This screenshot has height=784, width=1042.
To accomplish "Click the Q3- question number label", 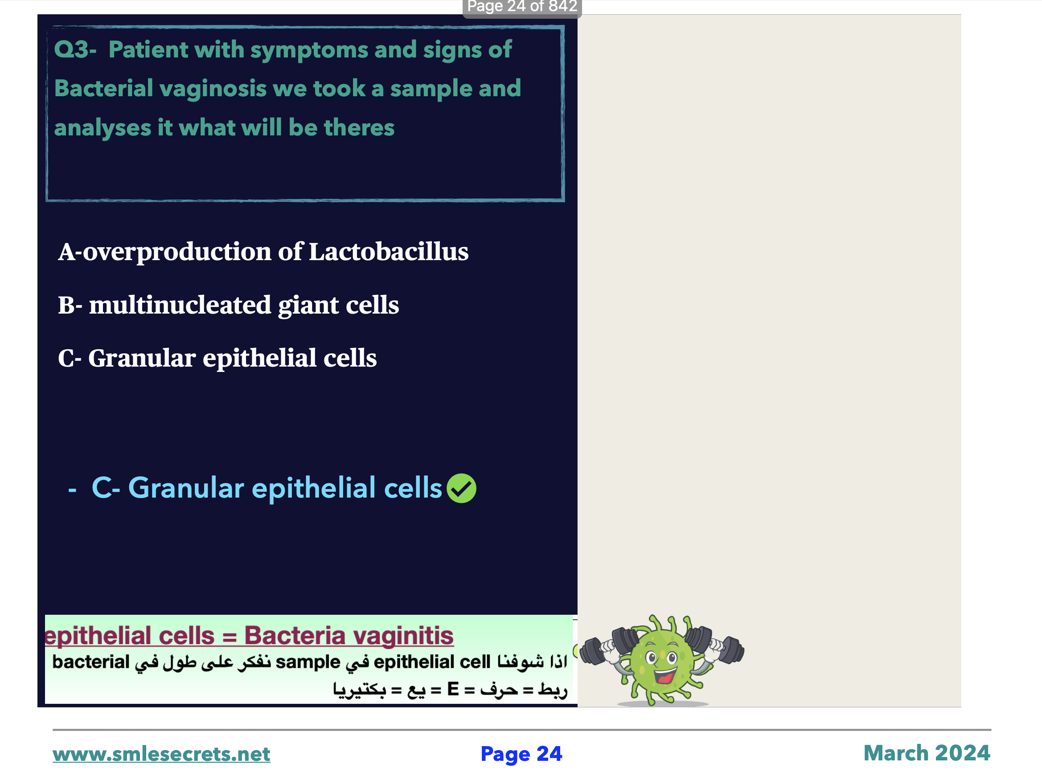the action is [75, 49].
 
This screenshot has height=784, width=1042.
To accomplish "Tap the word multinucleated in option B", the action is [181, 305].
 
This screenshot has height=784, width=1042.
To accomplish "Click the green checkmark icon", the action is [461, 488].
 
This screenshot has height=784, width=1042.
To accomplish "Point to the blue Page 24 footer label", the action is [521, 754].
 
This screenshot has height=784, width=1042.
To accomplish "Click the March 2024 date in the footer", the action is [927, 753].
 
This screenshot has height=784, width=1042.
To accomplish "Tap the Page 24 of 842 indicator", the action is [522, 7].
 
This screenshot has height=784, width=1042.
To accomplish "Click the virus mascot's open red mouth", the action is [665, 677].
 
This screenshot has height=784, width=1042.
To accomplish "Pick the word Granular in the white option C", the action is [142, 358].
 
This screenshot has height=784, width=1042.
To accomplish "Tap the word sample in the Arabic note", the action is [308, 662].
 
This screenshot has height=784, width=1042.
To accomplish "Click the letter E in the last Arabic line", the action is [453, 690].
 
